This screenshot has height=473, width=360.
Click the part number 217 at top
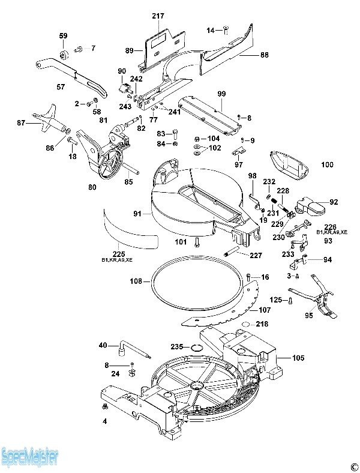click(158, 16)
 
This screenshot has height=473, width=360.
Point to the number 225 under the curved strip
click(119, 254)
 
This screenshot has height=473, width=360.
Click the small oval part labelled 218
click(245, 325)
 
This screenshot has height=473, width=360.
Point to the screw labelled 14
click(225, 29)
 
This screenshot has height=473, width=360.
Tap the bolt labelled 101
click(197, 243)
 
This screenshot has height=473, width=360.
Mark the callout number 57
click(61, 88)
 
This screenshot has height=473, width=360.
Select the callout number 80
click(92, 187)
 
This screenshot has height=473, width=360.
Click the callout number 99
click(221, 94)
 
